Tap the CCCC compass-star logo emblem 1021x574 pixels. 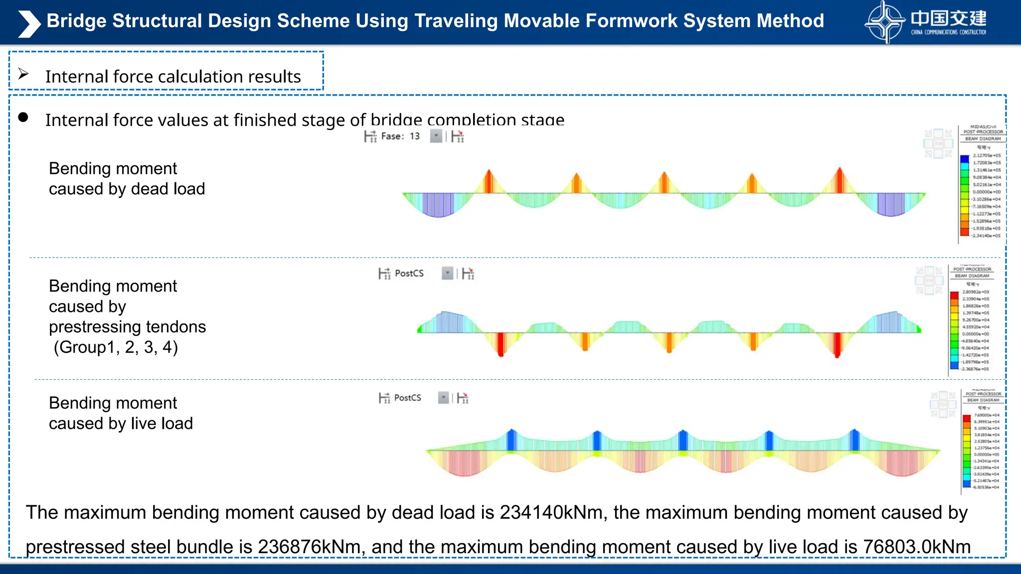tap(884, 22)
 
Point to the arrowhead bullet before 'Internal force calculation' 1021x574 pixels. tap(23, 74)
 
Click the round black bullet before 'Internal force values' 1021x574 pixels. tap(23, 118)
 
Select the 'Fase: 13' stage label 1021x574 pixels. tap(400, 136)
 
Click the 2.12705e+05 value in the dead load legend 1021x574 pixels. tap(987, 155)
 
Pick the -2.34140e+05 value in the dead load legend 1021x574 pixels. tap(986, 236)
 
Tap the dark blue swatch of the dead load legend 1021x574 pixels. tap(964, 159)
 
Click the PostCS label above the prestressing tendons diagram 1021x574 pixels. tap(409, 273)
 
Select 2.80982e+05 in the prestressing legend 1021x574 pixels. tap(976, 292)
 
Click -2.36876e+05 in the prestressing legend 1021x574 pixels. tap(975, 369)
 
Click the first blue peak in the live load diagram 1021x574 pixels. tap(510, 439)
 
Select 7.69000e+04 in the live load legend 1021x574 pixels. tap(987, 415)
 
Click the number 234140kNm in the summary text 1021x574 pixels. tap(551, 512)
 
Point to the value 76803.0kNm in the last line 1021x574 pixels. tap(916, 547)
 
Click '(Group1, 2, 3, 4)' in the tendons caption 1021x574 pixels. tap(116, 347)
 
